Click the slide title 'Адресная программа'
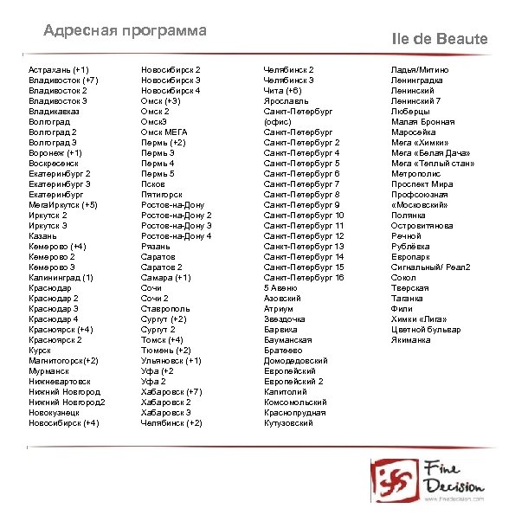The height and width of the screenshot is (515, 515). (x=126, y=31)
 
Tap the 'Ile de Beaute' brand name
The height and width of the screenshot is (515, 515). (x=440, y=39)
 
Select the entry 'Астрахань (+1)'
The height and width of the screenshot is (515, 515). (x=59, y=69)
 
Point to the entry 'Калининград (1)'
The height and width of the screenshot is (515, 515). (x=61, y=278)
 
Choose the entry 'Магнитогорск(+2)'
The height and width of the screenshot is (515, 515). (x=63, y=360)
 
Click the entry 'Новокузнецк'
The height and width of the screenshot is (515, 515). (x=55, y=412)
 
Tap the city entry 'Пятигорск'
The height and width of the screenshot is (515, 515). (x=164, y=195)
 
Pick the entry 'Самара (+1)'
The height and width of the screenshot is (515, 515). (x=166, y=278)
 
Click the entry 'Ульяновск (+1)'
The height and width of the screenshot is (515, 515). (x=171, y=360)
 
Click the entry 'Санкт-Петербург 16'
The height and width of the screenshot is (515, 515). (x=304, y=278)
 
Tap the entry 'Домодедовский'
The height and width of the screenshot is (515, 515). (x=296, y=360)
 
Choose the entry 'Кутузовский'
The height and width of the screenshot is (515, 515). (x=289, y=423)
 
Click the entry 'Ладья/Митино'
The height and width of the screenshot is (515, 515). (x=420, y=69)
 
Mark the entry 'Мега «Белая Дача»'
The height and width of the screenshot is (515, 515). (x=431, y=152)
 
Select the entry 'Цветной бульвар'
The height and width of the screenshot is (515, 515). (x=426, y=329)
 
